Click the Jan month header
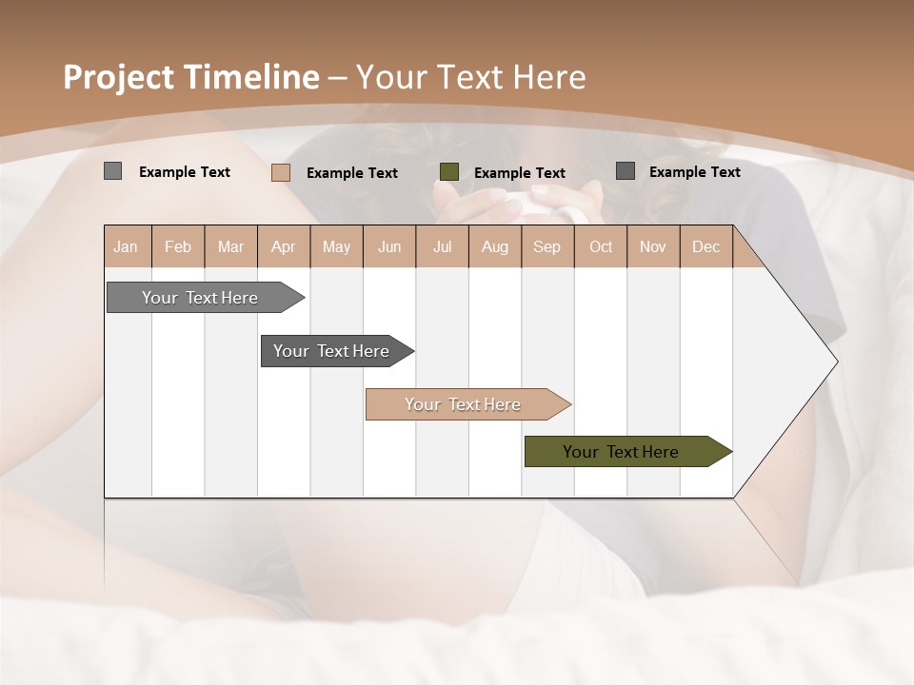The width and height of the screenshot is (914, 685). [x=126, y=246]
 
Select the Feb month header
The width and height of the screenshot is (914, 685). [x=178, y=246]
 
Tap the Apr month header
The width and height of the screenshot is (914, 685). [x=283, y=246]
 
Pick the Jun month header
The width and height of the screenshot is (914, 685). [x=389, y=246]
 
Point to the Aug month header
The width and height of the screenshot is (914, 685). [x=494, y=246]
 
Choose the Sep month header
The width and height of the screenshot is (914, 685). [x=546, y=246]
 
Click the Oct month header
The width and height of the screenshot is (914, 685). [x=601, y=246]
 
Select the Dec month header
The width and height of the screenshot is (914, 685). [x=705, y=246]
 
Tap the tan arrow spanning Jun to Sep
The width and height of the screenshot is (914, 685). [x=464, y=404]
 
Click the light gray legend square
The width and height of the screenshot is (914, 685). [x=112, y=171]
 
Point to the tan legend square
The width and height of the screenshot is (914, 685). [x=280, y=172]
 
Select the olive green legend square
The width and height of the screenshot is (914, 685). [x=449, y=172]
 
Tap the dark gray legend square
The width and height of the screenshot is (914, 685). [x=626, y=171]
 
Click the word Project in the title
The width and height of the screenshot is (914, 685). [x=120, y=77]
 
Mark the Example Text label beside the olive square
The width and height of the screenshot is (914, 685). [x=519, y=173]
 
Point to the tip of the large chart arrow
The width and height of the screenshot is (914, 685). [x=835, y=362]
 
